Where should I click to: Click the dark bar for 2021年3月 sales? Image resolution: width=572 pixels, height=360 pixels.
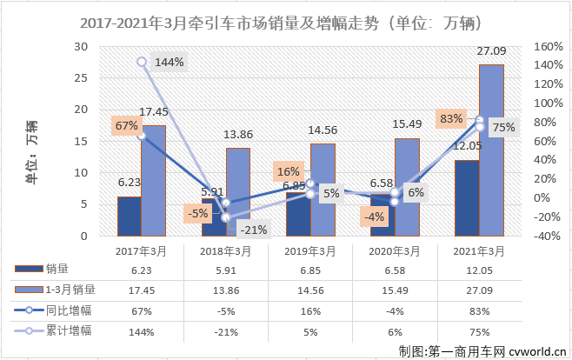466,197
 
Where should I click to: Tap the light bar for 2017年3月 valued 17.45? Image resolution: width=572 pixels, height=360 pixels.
154,180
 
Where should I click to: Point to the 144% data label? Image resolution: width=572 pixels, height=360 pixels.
170,63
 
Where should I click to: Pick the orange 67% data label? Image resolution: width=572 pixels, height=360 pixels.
126,125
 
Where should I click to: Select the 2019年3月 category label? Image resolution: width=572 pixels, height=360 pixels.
309,251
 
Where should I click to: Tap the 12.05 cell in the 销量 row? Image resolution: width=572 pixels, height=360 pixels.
478,270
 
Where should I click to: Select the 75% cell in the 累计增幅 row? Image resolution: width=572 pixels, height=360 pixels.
478,330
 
